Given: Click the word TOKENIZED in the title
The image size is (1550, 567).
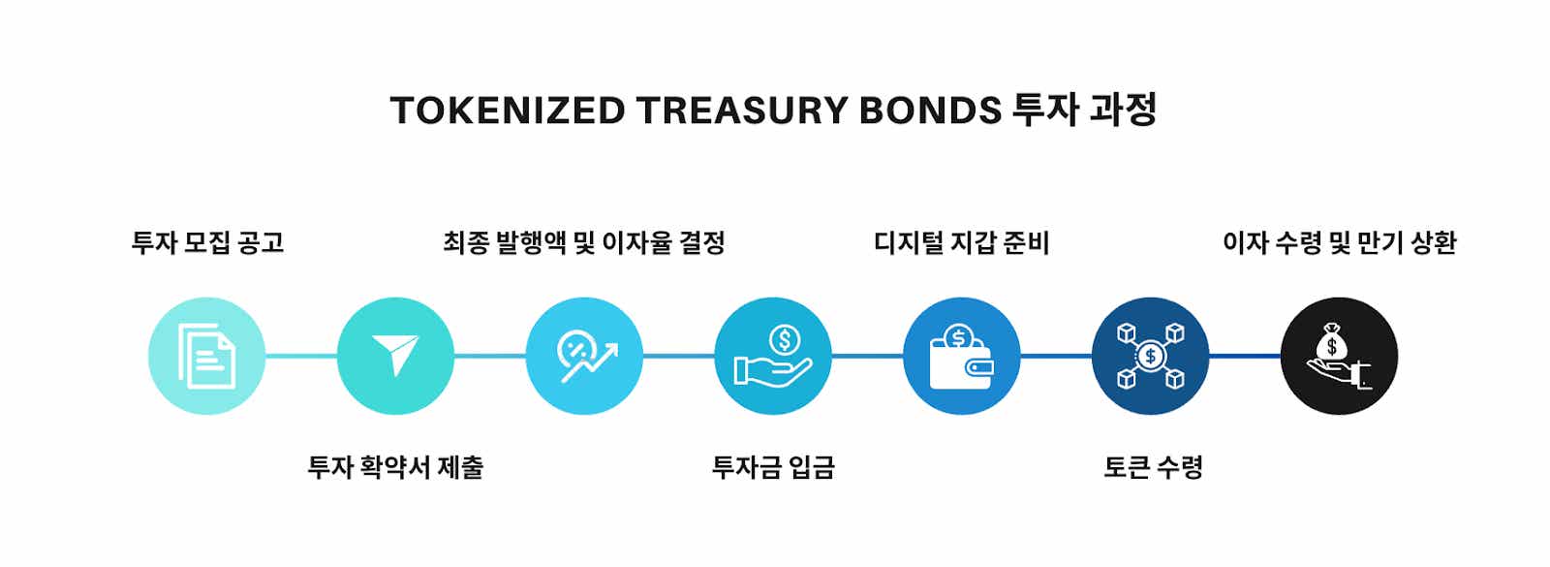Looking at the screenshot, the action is pyautogui.click(x=508, y=111).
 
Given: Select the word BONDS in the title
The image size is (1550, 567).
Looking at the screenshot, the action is pyautogui.click(x=929, y=111).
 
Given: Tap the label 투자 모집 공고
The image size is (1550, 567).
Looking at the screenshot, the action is pyautogui.click(x=207, y=242).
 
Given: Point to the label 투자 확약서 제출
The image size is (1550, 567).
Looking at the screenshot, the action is pyautogui.click(x=395, y=467).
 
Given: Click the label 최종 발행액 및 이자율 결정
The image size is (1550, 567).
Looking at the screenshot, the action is pyautogui.click(x=584, y=242).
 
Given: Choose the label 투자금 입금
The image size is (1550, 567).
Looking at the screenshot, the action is pyautogui.click(x=773, y=467).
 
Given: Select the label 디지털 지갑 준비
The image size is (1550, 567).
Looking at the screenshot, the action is pyautogui.click(x=961, y=242).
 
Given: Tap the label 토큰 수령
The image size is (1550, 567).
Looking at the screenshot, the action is pyautogui.click(x=1153, y=467).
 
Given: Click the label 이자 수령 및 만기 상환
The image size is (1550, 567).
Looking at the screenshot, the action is pyautogui.click(x=1339, y=242).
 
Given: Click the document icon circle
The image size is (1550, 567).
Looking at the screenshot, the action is pyautogui.click(x=206, y=356).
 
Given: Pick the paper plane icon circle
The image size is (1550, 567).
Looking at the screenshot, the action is pyautogui.click(x=395, y=356).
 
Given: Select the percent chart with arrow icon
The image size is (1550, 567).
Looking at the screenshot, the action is pyautogui.click(x=584, y=356).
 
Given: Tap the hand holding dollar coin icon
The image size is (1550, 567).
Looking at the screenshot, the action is pyautogui.click(x=773, y=356).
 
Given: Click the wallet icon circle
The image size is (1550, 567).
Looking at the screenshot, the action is pyautogui.click(x=961, y=356).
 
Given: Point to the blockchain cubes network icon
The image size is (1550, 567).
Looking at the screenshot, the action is pyautogui.click(x=1150, y=356).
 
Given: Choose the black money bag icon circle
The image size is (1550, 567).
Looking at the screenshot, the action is pyautogui.click(x=1339, y=356).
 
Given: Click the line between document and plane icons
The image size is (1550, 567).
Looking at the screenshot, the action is pyautogui.click(x=300, y=356).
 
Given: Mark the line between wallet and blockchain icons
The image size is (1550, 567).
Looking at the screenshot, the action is pyautogui.click(x=1056, y=356).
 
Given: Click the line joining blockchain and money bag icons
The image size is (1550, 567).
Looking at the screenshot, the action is pyautogui.click(x=1245, y=356).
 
